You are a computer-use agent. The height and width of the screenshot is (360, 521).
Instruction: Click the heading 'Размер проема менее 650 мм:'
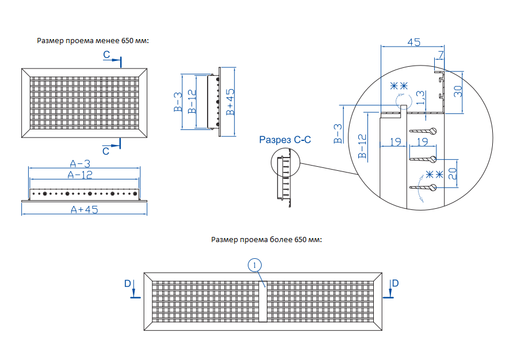(93, 41)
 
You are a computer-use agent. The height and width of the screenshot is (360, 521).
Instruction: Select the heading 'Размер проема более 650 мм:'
(266, 239)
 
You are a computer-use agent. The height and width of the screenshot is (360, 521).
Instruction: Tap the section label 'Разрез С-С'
(285, 139)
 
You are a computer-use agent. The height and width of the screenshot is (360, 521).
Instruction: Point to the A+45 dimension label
(85, 210)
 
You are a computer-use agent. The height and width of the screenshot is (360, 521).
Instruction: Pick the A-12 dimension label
(80, 175)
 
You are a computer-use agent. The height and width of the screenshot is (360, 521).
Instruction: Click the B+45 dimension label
(230, 102)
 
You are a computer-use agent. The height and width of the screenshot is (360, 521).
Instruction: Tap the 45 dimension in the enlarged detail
(413, 42)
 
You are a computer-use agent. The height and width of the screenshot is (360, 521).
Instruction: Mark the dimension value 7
(440, 56)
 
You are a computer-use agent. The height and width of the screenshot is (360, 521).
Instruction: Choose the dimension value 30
(458, 91)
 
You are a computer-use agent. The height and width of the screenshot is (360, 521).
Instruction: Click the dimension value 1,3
(420, 97)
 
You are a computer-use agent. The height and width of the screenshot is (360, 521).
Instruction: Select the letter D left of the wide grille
(128, 283)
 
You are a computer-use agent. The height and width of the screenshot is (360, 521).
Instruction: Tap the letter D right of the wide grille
(395, 283)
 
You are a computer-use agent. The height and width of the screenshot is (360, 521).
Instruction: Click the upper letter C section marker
(107, 55)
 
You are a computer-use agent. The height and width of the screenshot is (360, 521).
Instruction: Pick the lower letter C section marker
(106, 151)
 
